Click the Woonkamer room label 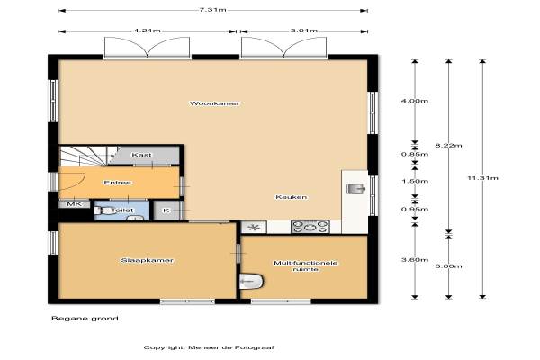[x=214, y=103]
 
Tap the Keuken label [x=291, y=197]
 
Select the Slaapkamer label [x=147, y=260]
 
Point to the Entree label [x=117, y=183]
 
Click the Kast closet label [x=141, y=155]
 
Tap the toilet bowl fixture [x=103, y=210]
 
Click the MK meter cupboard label [x=74, y=204]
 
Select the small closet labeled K [x=166, y=210]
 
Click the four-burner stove [x=310, y=227]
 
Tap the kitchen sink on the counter [x=355, y=188]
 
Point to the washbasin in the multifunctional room [x=251, y=282]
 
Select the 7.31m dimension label [x=212, y=10]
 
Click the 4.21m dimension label [x=147, y=31]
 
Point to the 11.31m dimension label [x=482, y=178]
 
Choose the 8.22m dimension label [x=448, y=146]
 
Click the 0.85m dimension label [x=415, y=154]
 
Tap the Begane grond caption [x=85, y=319]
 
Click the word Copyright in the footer [x=164, y=347]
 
